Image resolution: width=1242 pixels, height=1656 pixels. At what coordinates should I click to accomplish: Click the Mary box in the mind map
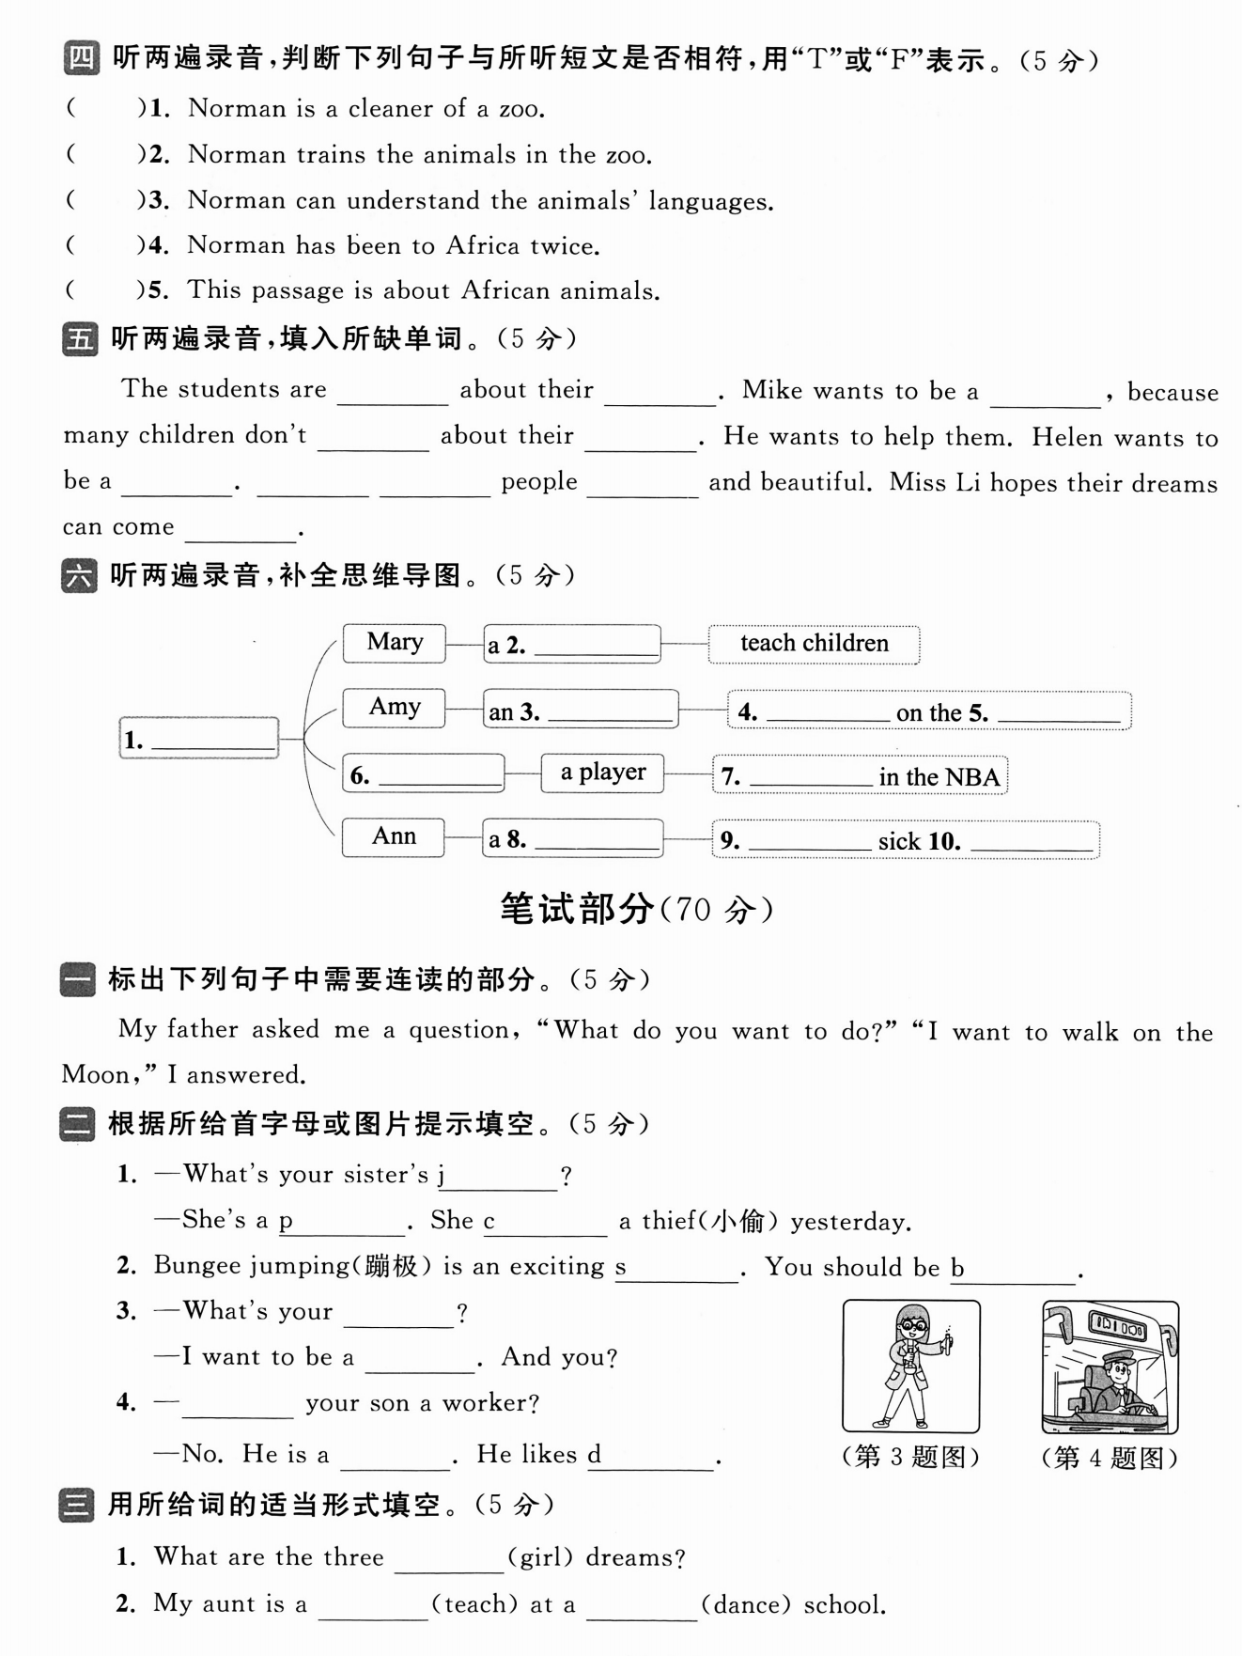[x=394, y=643]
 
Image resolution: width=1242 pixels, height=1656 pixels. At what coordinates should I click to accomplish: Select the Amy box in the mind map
[x=394, y=708]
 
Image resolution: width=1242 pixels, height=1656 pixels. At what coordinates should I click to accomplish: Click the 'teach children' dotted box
[x=814, y=644]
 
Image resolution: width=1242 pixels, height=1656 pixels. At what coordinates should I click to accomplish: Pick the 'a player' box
[x=602, y=773]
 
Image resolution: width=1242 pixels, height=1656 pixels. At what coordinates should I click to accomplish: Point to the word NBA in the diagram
[x=972, y=778]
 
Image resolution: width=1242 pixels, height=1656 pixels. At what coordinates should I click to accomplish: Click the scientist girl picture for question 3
[x=910, y=1367]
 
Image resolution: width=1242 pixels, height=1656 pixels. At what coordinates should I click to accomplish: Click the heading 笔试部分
[x=577, y=909]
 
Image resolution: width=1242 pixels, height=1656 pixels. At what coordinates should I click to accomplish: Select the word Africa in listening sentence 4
[x=483, y=246]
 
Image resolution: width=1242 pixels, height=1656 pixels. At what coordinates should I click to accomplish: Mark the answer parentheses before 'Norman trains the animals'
[x=103, y=154]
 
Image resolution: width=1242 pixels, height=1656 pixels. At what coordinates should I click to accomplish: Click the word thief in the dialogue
[x=668, y=1221]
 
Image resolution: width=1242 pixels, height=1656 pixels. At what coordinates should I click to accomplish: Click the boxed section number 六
[x=79, y=575]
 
